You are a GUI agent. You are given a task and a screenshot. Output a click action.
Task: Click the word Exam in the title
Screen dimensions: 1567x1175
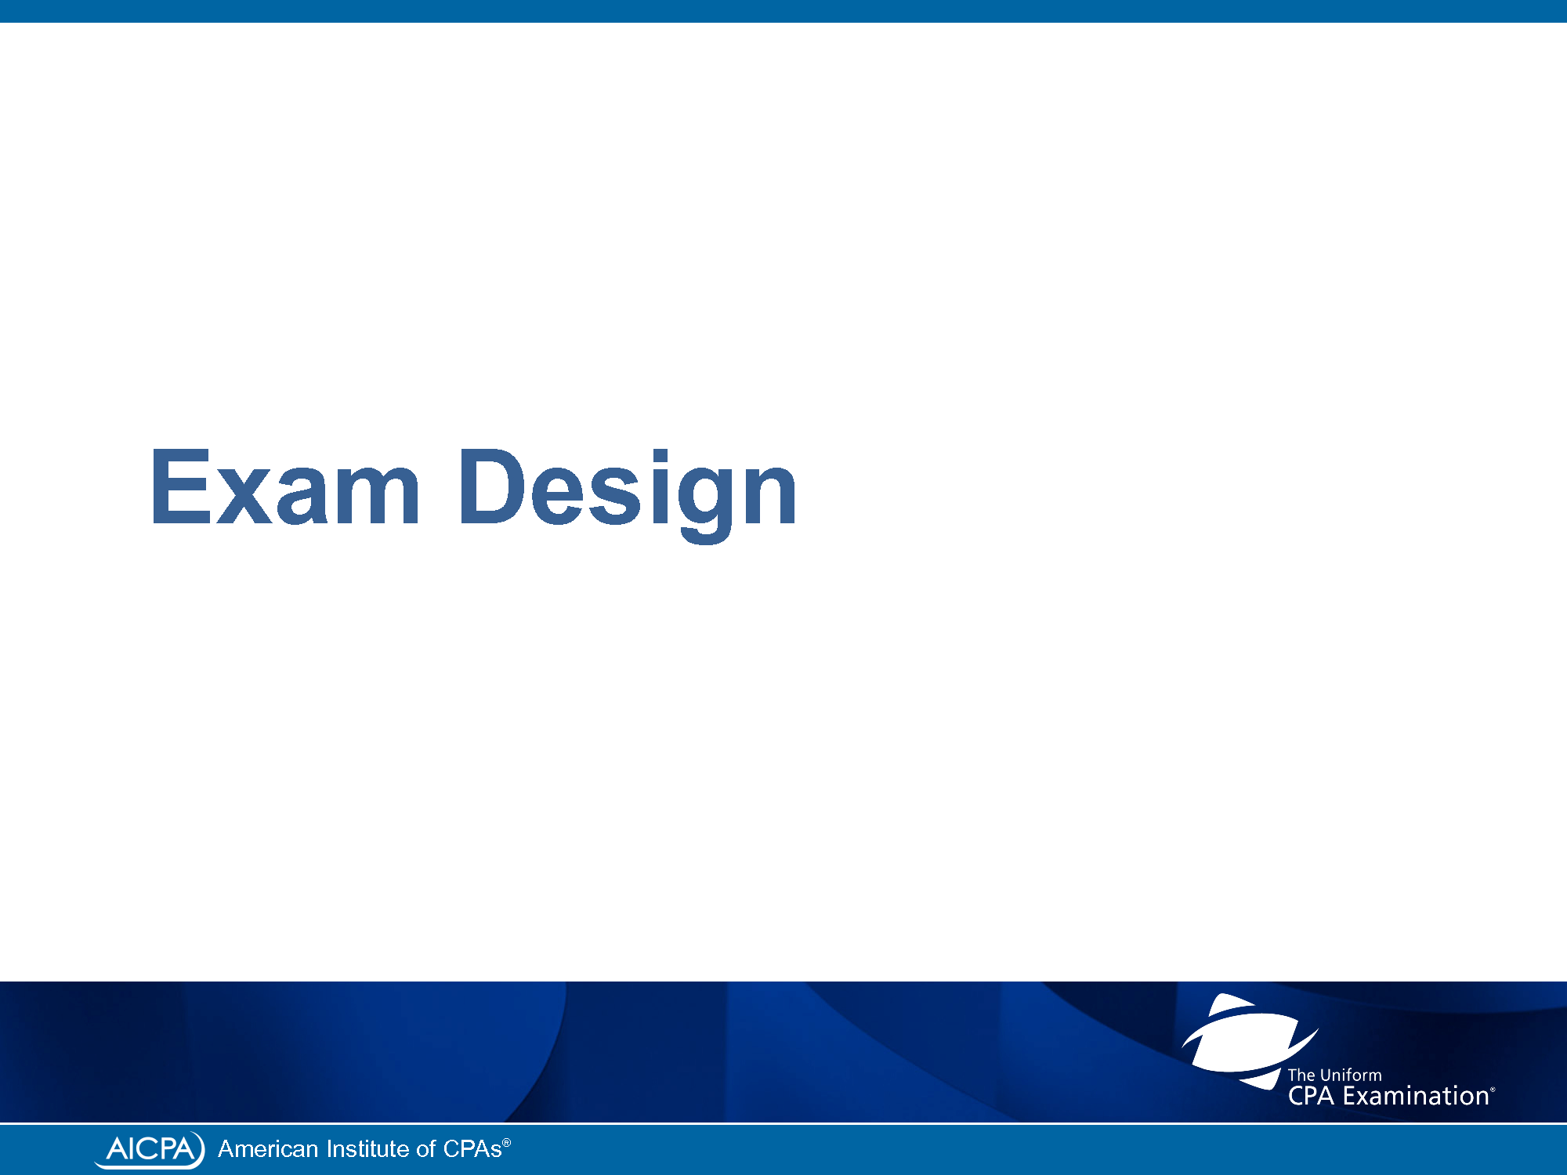[x=286, y=486]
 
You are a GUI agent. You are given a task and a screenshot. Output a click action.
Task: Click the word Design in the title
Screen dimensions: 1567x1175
[x=628, y=494]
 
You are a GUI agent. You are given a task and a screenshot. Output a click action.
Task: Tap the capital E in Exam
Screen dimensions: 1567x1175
[x=181, y=486]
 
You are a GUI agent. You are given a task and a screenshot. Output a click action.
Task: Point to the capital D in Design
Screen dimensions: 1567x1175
[x=492, y=486]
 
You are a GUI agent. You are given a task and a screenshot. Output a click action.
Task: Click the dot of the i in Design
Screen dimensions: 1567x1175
[x=660, y=456]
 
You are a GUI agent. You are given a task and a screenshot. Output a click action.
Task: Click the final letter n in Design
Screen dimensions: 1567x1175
[x=769, y=496]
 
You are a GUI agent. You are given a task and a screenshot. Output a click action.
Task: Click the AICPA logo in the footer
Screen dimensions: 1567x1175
[x=149, y=1149]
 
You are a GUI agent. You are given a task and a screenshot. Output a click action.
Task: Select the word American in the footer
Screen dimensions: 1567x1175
[x=268, y=1149]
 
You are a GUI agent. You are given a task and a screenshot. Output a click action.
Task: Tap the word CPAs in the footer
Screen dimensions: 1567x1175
[x=472, y=1149]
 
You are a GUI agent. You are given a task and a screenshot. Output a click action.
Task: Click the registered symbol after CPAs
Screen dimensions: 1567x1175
[x=507, y=1143]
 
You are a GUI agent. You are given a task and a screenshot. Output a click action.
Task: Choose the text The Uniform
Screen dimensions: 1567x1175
[x=1334, y=1075]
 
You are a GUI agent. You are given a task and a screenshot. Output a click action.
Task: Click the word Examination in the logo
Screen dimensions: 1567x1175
[x=1416, y=1095]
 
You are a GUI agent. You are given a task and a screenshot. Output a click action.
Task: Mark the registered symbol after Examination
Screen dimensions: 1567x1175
[x=1493, y=1090]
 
